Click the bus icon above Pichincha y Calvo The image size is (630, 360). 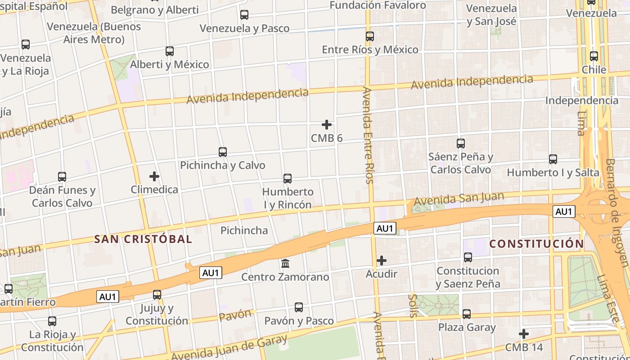(x=222, y=152)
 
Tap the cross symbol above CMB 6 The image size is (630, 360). (x=327, y=125)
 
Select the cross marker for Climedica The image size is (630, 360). (x=154, y=176)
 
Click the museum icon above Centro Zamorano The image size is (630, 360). (x=285, y=263)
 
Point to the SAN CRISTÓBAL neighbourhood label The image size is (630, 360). (x=143, y=239)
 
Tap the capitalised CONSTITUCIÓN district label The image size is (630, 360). (x=536, y=244)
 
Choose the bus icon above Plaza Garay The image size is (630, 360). (x=467, y=314)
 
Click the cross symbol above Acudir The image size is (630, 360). (x=382, y=261)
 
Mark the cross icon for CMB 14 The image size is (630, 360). (x=523, y=334)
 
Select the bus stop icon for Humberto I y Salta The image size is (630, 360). (x=553, y=159)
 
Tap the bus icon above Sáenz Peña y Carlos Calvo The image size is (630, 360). (x=460, y=144)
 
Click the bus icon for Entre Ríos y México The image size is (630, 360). (x=370, y=36)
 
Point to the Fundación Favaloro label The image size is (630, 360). (x=378, y=5)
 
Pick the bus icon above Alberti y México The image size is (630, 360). (x=169, y=51)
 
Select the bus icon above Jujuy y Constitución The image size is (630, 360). (x=157, y=295)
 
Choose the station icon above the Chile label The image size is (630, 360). (x=594, y=56)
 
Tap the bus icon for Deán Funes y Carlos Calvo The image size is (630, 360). (x=62, y=177)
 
